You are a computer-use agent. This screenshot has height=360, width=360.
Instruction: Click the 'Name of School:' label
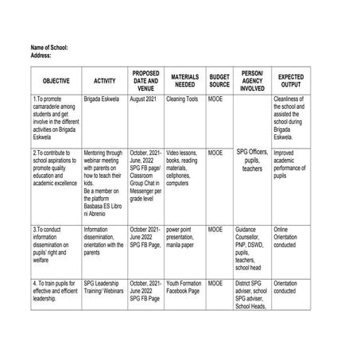(x=48, y=48)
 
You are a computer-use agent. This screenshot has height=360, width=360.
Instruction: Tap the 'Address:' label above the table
(x=41, y=56)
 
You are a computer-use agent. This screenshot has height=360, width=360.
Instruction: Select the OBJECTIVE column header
(x=56, y=80)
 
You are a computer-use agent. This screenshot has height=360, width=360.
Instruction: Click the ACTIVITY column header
(x=104, y=80)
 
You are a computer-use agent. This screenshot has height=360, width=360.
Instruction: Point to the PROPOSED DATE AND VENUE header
(x=145, y=80)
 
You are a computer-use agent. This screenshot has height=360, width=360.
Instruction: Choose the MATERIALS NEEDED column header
(x=185, y=80)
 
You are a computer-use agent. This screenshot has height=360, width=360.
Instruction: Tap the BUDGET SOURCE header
(x=219, y=80)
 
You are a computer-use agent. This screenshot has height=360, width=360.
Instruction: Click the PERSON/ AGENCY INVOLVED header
(x=252, y=80)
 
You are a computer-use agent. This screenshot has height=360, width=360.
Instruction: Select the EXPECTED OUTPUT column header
(x=290, y=80)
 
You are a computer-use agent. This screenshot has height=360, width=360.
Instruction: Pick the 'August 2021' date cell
(x=143, y=100)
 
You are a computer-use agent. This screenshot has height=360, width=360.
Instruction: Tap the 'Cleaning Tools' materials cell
(x=182, y=100)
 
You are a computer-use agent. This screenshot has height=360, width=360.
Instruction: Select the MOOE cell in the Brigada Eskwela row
(x=215, y=100)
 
